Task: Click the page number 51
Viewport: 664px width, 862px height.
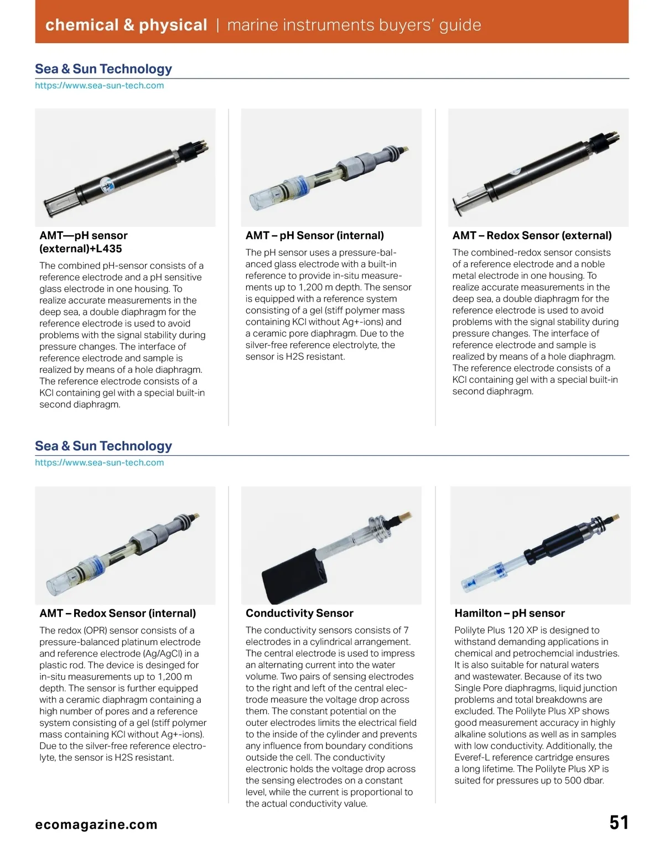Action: [619, 823]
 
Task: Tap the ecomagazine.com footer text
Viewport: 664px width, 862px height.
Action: [96, 824]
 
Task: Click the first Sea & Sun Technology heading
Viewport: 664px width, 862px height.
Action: [103, 69]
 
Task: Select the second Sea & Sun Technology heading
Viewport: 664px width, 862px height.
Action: [103, 446]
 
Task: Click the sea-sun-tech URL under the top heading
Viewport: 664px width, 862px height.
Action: [100, 86]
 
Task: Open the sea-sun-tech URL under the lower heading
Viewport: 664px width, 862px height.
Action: [100, 463]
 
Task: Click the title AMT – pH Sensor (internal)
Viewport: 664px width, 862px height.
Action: [314, 236]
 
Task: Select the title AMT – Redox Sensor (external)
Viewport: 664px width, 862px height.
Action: [532, 236]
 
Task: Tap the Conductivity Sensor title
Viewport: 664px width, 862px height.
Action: [299, 613]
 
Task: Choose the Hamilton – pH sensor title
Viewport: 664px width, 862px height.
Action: [509, 613]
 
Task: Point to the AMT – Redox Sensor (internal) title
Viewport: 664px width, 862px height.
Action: [118, 613]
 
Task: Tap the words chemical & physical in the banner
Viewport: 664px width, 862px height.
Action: [126, 25]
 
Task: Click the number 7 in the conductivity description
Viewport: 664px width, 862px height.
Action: [406, 630]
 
